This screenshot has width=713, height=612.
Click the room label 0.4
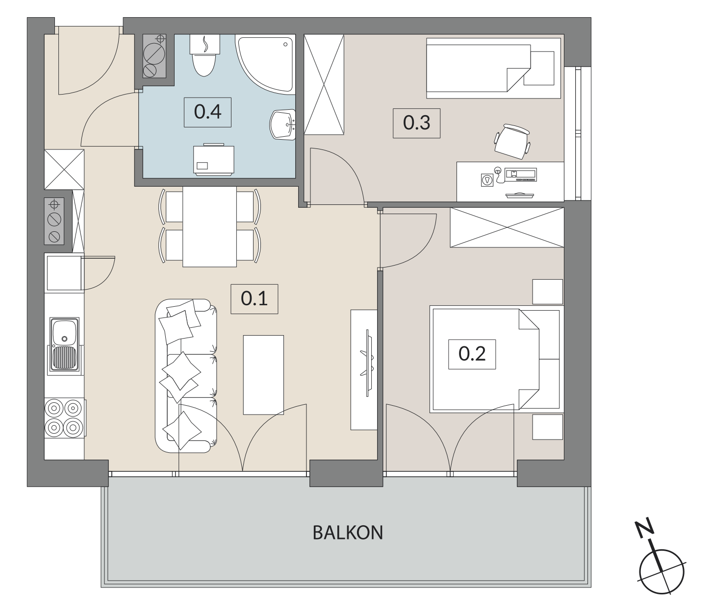coord(207,112)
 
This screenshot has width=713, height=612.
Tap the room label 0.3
coord(416,123)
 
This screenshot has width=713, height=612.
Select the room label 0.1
coord(254,299)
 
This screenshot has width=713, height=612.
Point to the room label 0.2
coord(472,354)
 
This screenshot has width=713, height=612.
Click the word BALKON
coord(348,533)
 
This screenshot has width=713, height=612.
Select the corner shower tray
coord(265,64)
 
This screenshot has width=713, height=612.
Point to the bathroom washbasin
coord(283,125)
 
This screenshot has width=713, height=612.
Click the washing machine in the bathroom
coord(213,160)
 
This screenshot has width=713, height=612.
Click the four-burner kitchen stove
coord(65,418)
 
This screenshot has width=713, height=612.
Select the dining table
coord(209,227)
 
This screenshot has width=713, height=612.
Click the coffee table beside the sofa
coord(263,375)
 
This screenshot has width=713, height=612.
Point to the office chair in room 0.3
coord(512,142)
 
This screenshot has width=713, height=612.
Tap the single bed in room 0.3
coord(493,68)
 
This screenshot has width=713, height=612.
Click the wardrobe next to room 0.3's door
coord(324,84)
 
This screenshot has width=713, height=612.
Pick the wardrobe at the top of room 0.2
coord(507,227)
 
